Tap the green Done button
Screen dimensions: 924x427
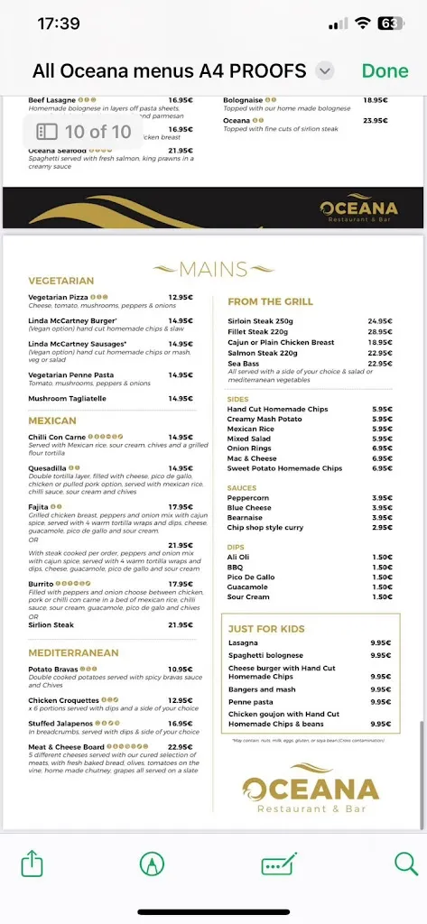coord(385,71)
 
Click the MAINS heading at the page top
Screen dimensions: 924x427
coord(213,269)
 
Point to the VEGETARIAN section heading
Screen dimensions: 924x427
coord(61,281)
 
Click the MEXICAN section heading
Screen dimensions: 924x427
coord(52,420)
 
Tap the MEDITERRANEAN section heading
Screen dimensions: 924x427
coord(74,651)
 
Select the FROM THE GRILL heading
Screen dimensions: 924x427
coord(271,302)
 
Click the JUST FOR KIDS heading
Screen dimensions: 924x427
coord(266,629)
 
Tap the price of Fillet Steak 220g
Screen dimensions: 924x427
coord(379,332)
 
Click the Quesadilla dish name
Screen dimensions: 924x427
coord(47,468)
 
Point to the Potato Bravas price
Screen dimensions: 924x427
coord(181,670)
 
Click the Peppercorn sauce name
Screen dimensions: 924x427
coord(248,498)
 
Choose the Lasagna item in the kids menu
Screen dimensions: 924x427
coord(243,642)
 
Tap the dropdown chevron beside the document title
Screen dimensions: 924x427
coord(326,71)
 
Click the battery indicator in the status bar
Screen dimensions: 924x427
coord(389,23)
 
